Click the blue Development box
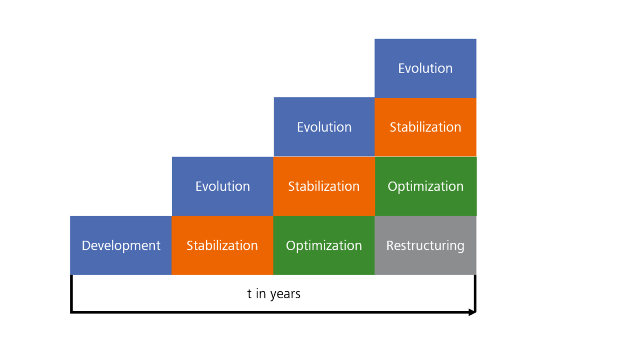click(x=121, y=246)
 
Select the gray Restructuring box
click(x=425, y=246)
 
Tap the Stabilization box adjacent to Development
click(x=222, y=246)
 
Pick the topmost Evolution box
click(x=425, y=68)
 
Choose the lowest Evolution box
click(x=222, y=186)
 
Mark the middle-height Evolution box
click(x=324, y=127)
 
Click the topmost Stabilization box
click(x=425, y=127)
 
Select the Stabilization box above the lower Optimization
click(x=324, y=186)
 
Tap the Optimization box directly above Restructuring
click(x=425, y=186)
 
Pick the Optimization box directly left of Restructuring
click(x=324, y=246)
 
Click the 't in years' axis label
click(x=274, y=293)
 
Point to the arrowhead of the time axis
click(x=472, y=312)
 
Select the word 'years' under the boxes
click(x=285, y=294)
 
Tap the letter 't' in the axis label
click(x=249, y=293)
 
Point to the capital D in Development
click(x=86, y=246)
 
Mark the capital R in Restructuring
click(x=390, y=246)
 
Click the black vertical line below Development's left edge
click(x=71, y=293)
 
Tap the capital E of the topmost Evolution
click(x=402, y=68)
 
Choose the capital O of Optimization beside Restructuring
click(x=291, y=246)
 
